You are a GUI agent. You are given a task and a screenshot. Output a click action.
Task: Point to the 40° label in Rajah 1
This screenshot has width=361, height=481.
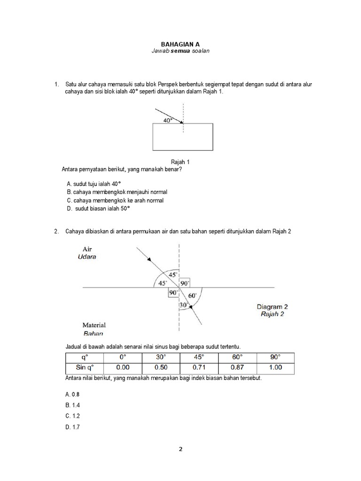pos(168,120)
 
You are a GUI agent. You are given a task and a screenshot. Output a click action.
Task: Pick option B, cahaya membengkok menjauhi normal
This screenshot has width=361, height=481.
pos(117,192)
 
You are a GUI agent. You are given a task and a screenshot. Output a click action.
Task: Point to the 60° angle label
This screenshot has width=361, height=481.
pos(192,295)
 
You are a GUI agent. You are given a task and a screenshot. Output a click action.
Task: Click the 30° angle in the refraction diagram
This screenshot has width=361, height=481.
pos(183,305)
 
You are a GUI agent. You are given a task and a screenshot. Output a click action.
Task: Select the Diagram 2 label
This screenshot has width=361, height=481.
pos(272,307)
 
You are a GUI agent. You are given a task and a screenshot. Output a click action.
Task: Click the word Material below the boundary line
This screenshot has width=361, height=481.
pos(94,325)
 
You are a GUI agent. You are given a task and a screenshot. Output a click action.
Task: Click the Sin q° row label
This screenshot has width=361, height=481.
pos(84,367)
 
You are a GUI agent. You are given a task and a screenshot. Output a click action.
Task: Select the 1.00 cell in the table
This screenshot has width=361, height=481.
pos(275,367)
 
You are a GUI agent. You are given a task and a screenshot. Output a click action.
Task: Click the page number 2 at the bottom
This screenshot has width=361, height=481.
pos(180,449)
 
